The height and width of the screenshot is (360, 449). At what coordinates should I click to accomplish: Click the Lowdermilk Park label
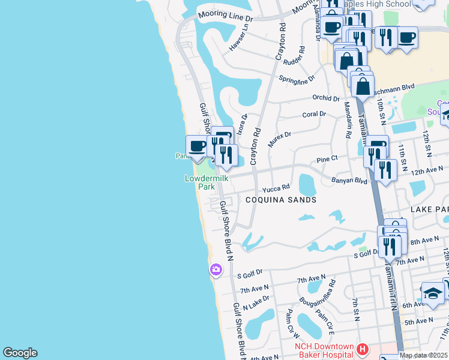point(199,182)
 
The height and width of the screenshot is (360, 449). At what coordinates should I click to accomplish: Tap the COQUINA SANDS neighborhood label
point(281,200)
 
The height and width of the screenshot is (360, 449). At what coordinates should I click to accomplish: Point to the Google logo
point(20,353)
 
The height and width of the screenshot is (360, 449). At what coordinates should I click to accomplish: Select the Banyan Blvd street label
point(349,180)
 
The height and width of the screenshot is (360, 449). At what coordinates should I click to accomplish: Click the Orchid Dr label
point(326,98)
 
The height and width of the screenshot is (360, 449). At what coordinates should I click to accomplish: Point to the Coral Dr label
point(314,114)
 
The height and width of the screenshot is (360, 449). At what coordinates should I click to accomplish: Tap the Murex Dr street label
point(279,140)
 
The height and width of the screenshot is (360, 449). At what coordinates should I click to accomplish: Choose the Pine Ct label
point(327,160)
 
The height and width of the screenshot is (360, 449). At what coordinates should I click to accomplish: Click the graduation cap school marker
point(433,293)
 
